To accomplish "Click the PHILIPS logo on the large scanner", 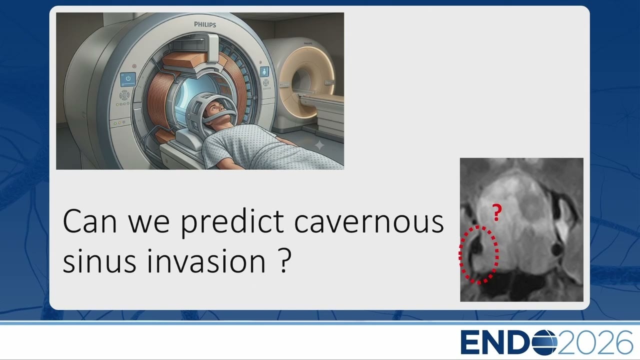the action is coord(205,24).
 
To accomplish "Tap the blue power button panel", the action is coord(127,79).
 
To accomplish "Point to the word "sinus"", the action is coord(99,261).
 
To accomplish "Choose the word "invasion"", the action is coord(206,261).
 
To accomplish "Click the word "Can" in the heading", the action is coord(89,221).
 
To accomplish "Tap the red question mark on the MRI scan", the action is coord(497,212).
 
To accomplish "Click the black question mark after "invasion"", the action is coord(284,259).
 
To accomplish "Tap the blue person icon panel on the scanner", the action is coord(264,71).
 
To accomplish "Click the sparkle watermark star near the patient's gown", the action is coord(319,145).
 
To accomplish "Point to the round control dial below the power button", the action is coord(124,95).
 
